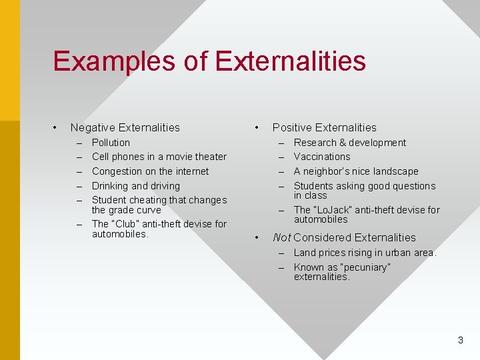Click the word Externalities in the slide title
point(290,61)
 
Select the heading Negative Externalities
point(125,127)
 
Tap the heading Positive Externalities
point(324,127)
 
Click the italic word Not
point(281,237)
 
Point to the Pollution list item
point(111,143)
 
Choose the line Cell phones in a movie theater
point(159,157)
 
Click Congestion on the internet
point(150,171)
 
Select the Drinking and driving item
point(135,186)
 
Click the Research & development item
point(349,143)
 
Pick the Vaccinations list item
point(321,157)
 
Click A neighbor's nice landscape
point(356,171)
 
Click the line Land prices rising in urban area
point(365,253)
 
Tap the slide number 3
point(460,340)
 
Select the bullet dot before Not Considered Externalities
point(257,237)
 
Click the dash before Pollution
point(79,143)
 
